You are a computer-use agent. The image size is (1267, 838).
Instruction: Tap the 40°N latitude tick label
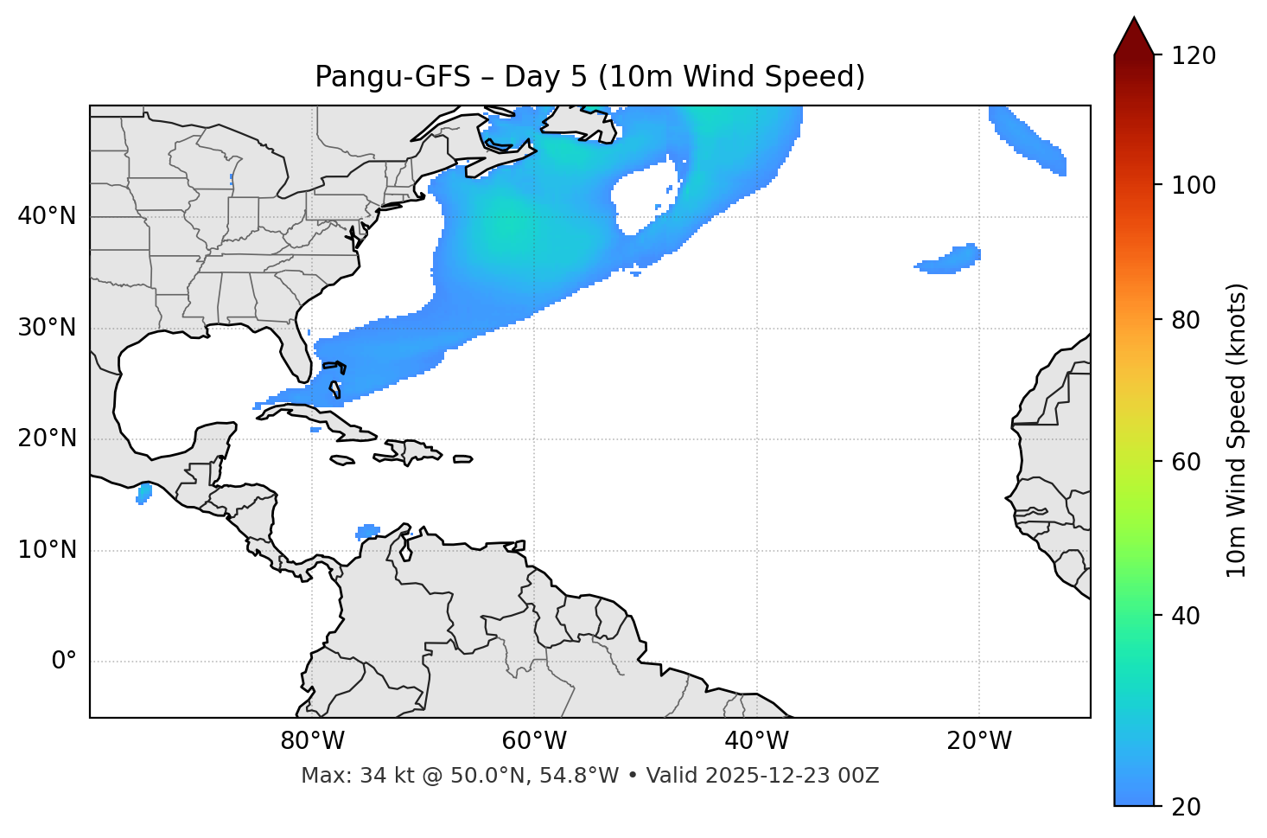[47, 216]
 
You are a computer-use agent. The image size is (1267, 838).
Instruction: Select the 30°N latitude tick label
[47, 328]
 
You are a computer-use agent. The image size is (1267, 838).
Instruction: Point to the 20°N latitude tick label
[47, 438]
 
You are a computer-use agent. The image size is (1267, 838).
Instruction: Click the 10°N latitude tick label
[47, 550]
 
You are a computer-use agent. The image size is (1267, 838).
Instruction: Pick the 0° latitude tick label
[64, 662]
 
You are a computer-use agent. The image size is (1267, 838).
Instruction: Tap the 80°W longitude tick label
[312, 741]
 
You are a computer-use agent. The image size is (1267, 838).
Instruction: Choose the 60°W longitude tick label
[534, 741]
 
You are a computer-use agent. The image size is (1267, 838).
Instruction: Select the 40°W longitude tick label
[756, 741]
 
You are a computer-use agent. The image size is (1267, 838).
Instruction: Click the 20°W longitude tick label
[978, 741]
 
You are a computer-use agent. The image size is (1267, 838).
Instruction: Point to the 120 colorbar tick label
[1194, 56]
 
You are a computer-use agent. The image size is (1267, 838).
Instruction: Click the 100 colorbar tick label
[1194, 185]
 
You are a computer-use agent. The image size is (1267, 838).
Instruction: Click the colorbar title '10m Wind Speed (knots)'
[1237, 430]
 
